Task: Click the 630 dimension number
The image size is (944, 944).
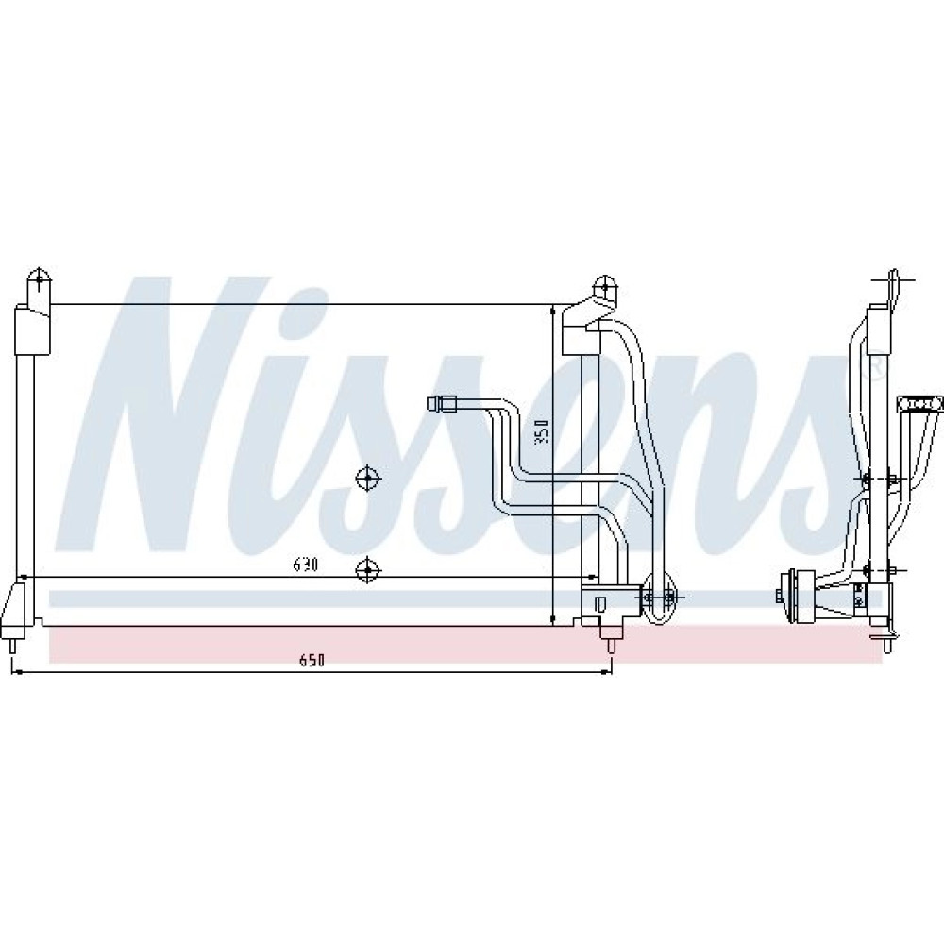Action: click(x=305, y=565)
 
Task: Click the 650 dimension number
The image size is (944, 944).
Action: click(x=312, y=660)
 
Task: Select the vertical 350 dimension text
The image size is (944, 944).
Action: click(x=543, y=431)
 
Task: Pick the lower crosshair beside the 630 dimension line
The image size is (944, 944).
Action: click(x=366, y=569)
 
